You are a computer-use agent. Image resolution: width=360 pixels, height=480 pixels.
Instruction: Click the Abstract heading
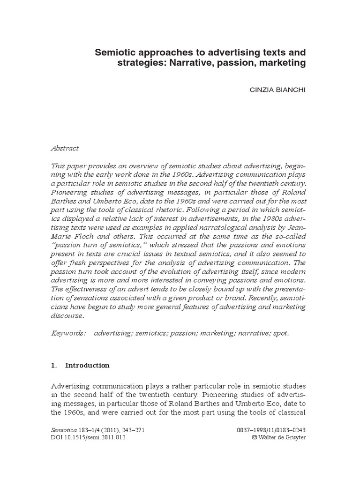[65, 148]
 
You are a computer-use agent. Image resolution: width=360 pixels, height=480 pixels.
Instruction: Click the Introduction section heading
[87, 365]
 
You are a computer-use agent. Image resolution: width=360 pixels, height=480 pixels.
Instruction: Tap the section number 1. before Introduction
[53, 365]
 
